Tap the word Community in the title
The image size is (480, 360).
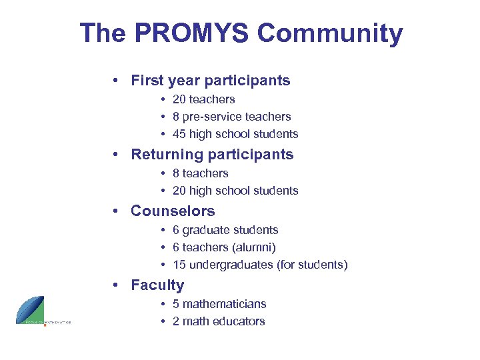331,33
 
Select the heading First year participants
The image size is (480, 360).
211,81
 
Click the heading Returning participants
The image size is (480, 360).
212,155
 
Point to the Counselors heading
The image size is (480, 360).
173,211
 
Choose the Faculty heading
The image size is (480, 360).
157,285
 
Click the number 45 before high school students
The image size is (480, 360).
179,134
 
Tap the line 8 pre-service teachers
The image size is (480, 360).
231,117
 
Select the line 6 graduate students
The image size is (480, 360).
225,230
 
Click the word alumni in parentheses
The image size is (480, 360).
254,247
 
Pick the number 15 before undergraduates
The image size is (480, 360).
179,265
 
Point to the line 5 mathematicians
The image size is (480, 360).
219,304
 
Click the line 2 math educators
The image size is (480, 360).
219,321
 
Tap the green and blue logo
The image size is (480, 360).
31,309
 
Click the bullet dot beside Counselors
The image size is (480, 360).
116,211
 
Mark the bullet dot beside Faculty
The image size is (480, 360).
116,285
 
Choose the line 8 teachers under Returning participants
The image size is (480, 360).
200,173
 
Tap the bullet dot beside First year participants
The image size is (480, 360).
116,81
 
